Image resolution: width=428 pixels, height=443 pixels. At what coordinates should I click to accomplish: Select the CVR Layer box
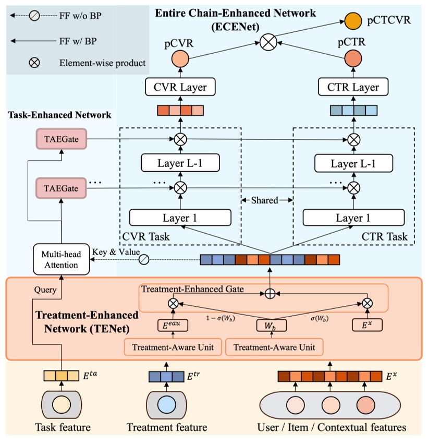point(180,87)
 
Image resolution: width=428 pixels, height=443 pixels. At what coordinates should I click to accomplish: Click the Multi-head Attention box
point(60,259)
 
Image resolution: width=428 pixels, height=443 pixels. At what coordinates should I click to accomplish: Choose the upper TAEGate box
point(60,139)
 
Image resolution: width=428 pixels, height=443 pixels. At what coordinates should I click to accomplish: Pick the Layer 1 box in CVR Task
point(180,218)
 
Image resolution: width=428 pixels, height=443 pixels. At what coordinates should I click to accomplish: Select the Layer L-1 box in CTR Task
point(353,164)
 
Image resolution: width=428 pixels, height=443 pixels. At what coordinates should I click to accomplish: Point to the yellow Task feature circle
point(61,406)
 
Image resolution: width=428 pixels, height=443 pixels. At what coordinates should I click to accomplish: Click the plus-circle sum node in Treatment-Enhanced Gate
point(270,294)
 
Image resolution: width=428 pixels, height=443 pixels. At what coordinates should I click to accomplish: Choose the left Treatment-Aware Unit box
point(172,347)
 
